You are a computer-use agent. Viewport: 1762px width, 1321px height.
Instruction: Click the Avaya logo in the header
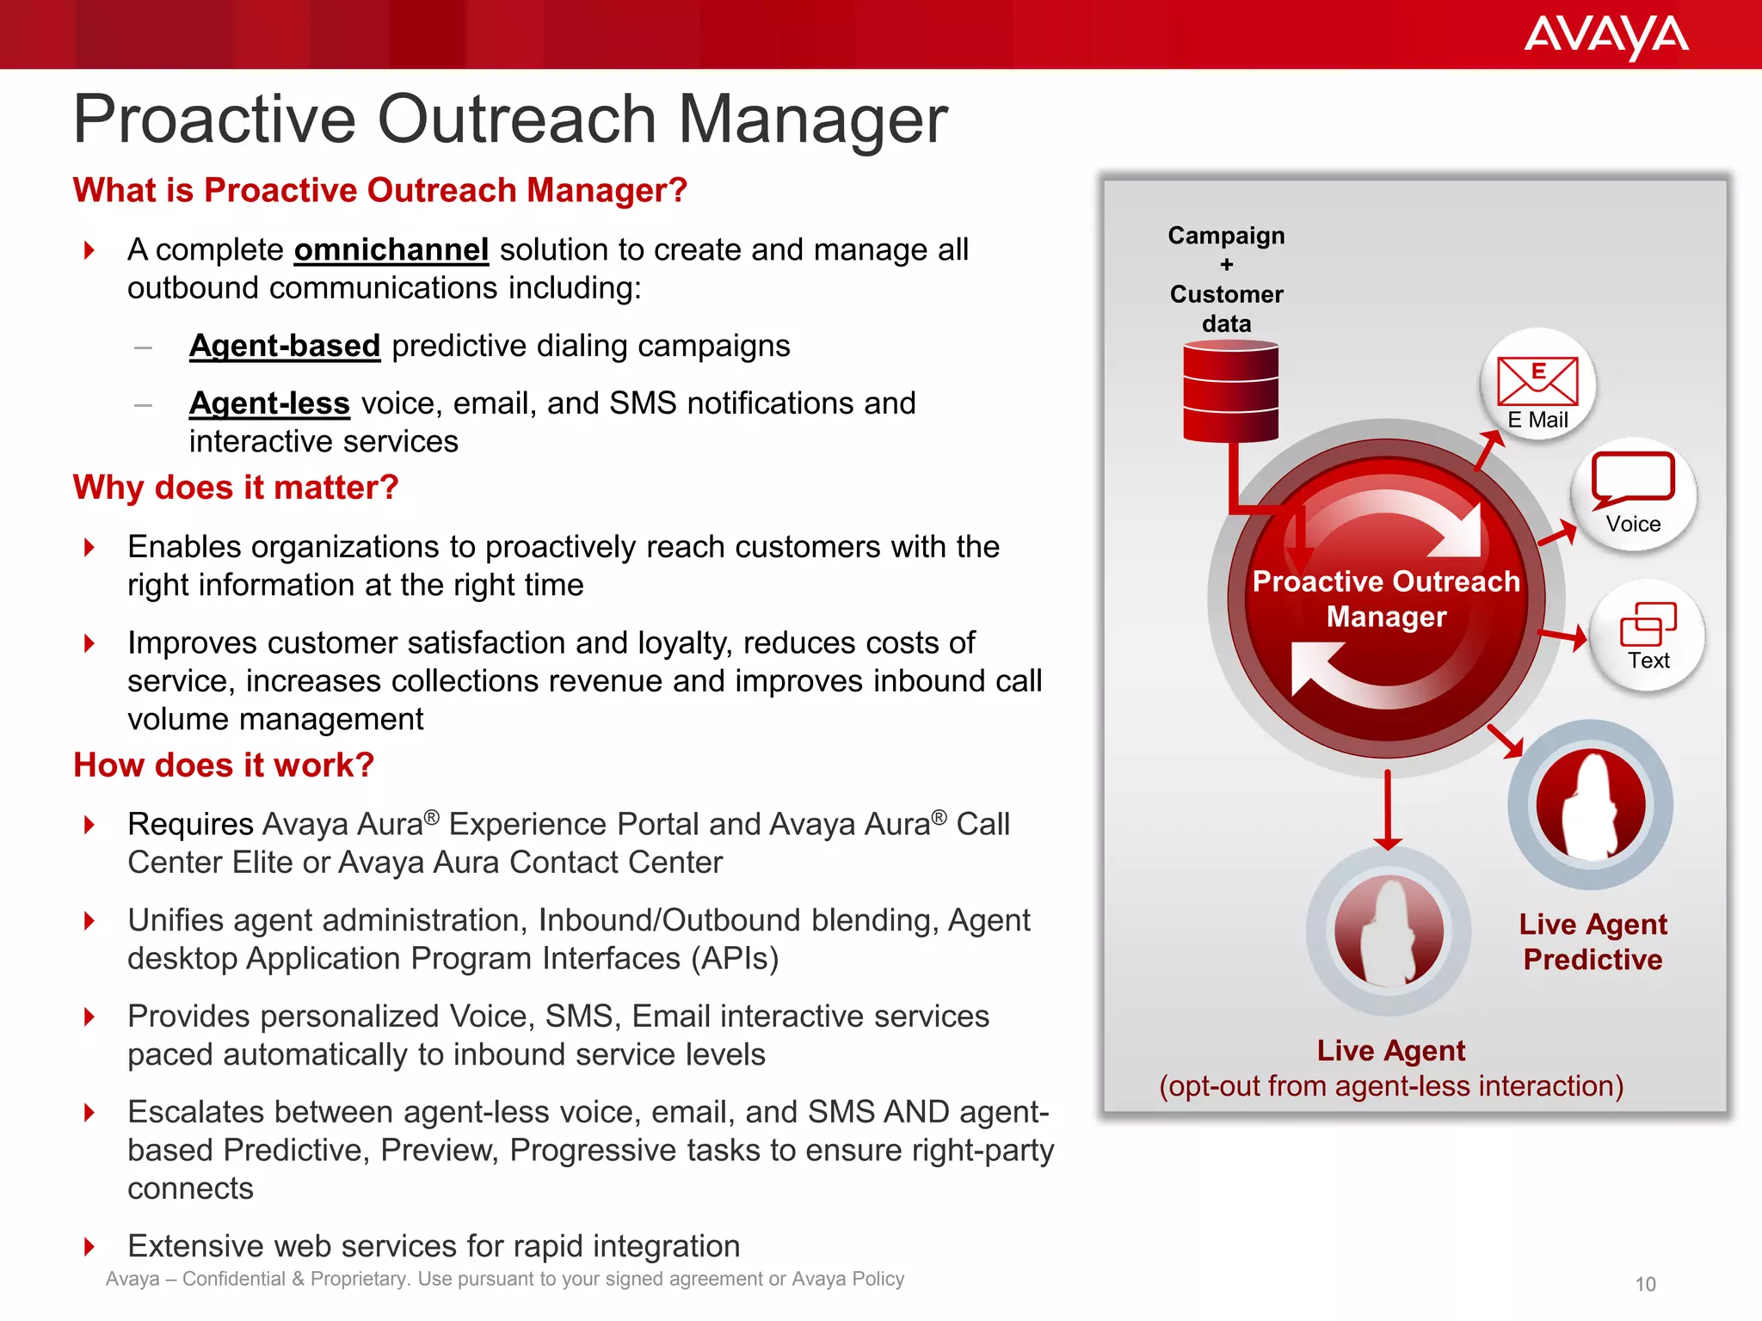tap(1605, 36)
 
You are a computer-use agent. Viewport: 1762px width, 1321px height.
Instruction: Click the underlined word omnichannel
tap(391, 250)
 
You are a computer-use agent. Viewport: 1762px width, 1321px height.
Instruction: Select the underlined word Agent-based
tap(285, 346)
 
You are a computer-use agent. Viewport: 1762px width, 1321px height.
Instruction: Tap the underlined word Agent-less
tap(269, 403)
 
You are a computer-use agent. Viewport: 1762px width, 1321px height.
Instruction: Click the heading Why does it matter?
tap(236, 488)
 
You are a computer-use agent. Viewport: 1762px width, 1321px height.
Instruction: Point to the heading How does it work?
tap(224, 765)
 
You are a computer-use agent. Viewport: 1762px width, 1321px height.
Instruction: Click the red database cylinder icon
tap(1230, 391)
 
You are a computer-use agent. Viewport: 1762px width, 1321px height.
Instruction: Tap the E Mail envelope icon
tap(1537, 381)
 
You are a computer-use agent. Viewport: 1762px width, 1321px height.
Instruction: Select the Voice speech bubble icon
tap(1633, 478)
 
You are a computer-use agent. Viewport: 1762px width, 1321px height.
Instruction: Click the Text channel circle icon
tap(1648, 636)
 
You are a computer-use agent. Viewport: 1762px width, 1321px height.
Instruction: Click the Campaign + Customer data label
tap(1226, 279)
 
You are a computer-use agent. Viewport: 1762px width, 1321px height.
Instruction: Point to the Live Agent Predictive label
tap(1593, 942)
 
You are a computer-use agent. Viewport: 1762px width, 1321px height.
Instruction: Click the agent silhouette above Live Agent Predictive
tap(1591, 805)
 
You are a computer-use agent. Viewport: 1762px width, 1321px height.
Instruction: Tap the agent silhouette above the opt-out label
tap(1389, 931)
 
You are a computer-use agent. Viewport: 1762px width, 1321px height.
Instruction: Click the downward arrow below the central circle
tap(1388, 809)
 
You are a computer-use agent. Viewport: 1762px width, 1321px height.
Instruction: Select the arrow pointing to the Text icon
tap(1562, 636)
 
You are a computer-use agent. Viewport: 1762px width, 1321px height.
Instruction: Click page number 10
tap(1645, 1284)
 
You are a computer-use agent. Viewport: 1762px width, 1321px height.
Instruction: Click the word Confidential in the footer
tap(233, 1279)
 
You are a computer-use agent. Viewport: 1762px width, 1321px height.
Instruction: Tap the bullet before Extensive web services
tap(89, 1246)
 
